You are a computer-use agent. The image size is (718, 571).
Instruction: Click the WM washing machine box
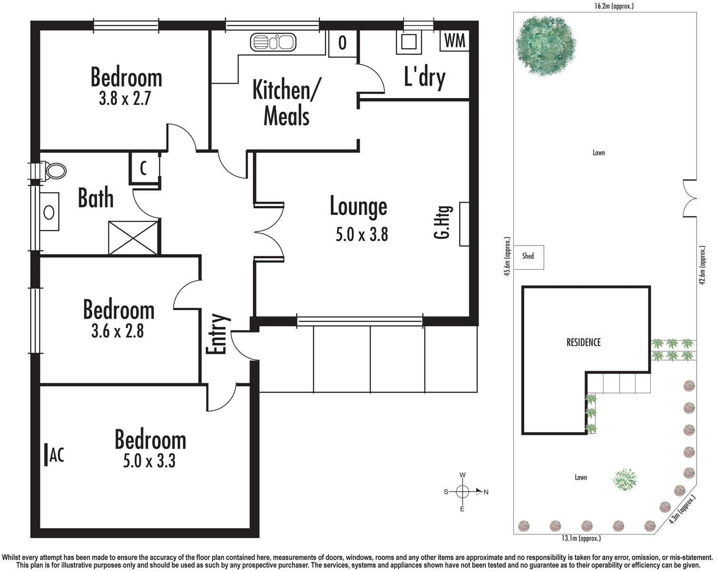[x=454, y=41]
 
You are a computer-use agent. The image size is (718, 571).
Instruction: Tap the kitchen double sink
[x=273, y=42]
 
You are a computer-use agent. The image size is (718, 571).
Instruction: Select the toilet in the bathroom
[x=54, y=171]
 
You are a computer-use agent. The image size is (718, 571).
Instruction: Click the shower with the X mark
[x=133, y=237]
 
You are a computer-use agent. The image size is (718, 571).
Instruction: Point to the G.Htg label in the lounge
[x=443, y=222]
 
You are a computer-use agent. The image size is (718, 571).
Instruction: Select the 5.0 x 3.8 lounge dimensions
[x=362, y=235]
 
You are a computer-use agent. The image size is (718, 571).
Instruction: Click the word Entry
[x=216, y=334]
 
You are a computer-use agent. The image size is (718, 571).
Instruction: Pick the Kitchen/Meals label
[x=286, y=103]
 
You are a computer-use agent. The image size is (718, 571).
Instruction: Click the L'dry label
[x=424, y=77]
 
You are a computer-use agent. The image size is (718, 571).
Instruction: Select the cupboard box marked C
[x=144, y=168]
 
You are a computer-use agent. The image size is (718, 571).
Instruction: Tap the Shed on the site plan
[x=528, y=256]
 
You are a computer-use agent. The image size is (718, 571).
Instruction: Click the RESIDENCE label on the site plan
[x=583, y=342]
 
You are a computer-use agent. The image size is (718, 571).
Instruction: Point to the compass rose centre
[x=462, y=492]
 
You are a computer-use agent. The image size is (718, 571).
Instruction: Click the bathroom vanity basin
[x=49, y=212]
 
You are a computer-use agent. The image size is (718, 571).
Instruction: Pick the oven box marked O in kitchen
[x=342, y=43]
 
